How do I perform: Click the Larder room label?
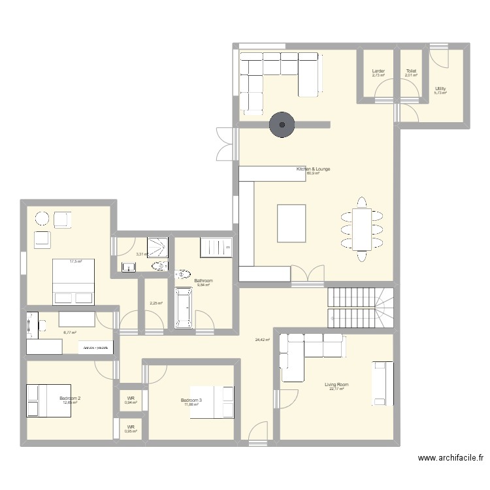click(x=378, y=71)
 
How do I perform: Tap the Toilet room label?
click(x=410, y=71)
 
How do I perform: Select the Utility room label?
click(x=440, y=88)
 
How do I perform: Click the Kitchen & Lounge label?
click(x=313, y=169)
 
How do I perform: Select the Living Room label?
click(x=336, y=385)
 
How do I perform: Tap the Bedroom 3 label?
click(x=191, y=400)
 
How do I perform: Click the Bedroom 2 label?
click(x=70, y=398)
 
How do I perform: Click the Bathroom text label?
click(x=205, y=281)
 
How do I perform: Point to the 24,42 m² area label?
click(x=262, y=340)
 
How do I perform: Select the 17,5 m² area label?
click(x=76, y=261)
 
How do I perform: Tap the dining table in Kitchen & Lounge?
click(x=361, y=228)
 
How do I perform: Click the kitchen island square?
click(x=291, y=223)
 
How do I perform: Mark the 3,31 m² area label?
click(x=141, y=255)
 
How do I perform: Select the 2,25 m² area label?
click(x=155, y=302)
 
